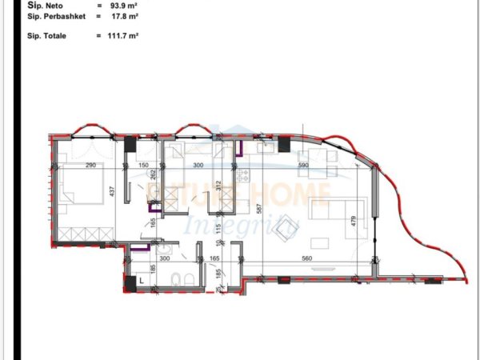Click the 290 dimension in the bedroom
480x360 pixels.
(x=90, y=166)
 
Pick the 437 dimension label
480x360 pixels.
(x=113, y=193)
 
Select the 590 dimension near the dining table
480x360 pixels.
(x=303, y=166)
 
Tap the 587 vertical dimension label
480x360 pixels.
(x=259, y=210)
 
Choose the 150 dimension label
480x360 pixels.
(x=143, y=166)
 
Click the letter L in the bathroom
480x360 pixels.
(x=142, y=281)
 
